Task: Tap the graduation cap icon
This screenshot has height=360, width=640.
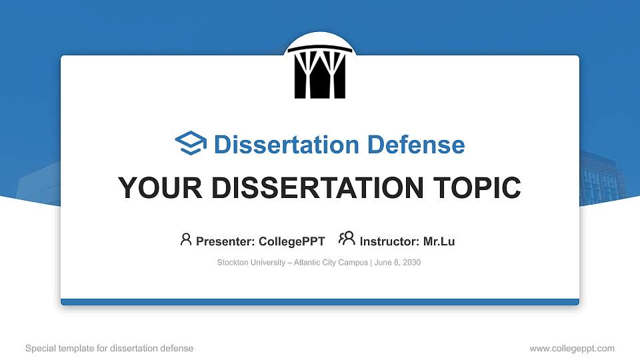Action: [191, 144]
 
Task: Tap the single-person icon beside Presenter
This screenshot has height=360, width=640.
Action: [186, 240]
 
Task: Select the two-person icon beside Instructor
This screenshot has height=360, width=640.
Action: [346, 239]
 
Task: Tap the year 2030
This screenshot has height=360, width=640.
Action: [411, 263]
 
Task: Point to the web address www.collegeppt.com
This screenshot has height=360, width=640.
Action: [572, 348]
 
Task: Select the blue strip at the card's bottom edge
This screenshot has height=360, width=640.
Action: [320, 302]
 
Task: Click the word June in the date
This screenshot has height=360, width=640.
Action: [383, 263]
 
